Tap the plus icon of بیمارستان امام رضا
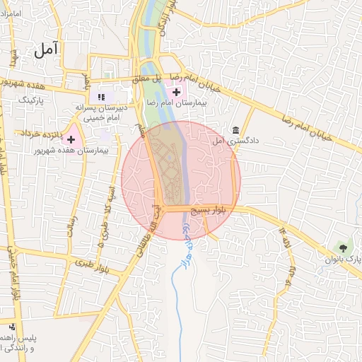[176, 91]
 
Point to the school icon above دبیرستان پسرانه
[100, 96]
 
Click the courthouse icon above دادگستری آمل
[235, 130]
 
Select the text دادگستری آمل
[236, 141]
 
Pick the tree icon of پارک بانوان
[344, 247]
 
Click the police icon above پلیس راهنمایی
[12, 327]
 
